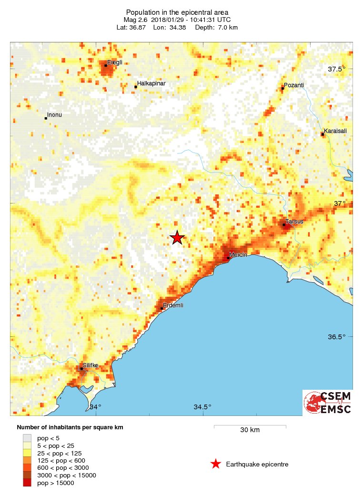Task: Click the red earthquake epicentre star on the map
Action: [x=177, y=237]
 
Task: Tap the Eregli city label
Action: [x=114, y=62]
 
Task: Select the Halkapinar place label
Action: [x=151, y=83]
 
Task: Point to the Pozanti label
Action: [x=293, y=85]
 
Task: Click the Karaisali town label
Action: [x=335, y=131]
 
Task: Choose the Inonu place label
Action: [x=55, y=115]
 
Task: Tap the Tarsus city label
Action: [x=294, y=222]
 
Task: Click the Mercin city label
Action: [x=238, y=255]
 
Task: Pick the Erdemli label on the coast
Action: [x=173, y=305]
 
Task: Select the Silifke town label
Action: [x=91, y=365]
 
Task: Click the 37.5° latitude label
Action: [x=337, y=70]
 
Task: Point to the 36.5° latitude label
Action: [x=337, y=337]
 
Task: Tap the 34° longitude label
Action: [x=96, y=407]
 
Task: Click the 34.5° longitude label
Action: [x=202, y=407]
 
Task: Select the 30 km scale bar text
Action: [x=250, y=430]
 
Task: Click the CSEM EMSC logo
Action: [x=328, y=403]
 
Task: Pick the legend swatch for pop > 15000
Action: [x=27, y=483]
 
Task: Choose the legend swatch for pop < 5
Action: [x=27, y=437]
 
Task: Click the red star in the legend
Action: [x=216, y=464]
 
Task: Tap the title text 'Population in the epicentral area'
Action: [x=177, y=12]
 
